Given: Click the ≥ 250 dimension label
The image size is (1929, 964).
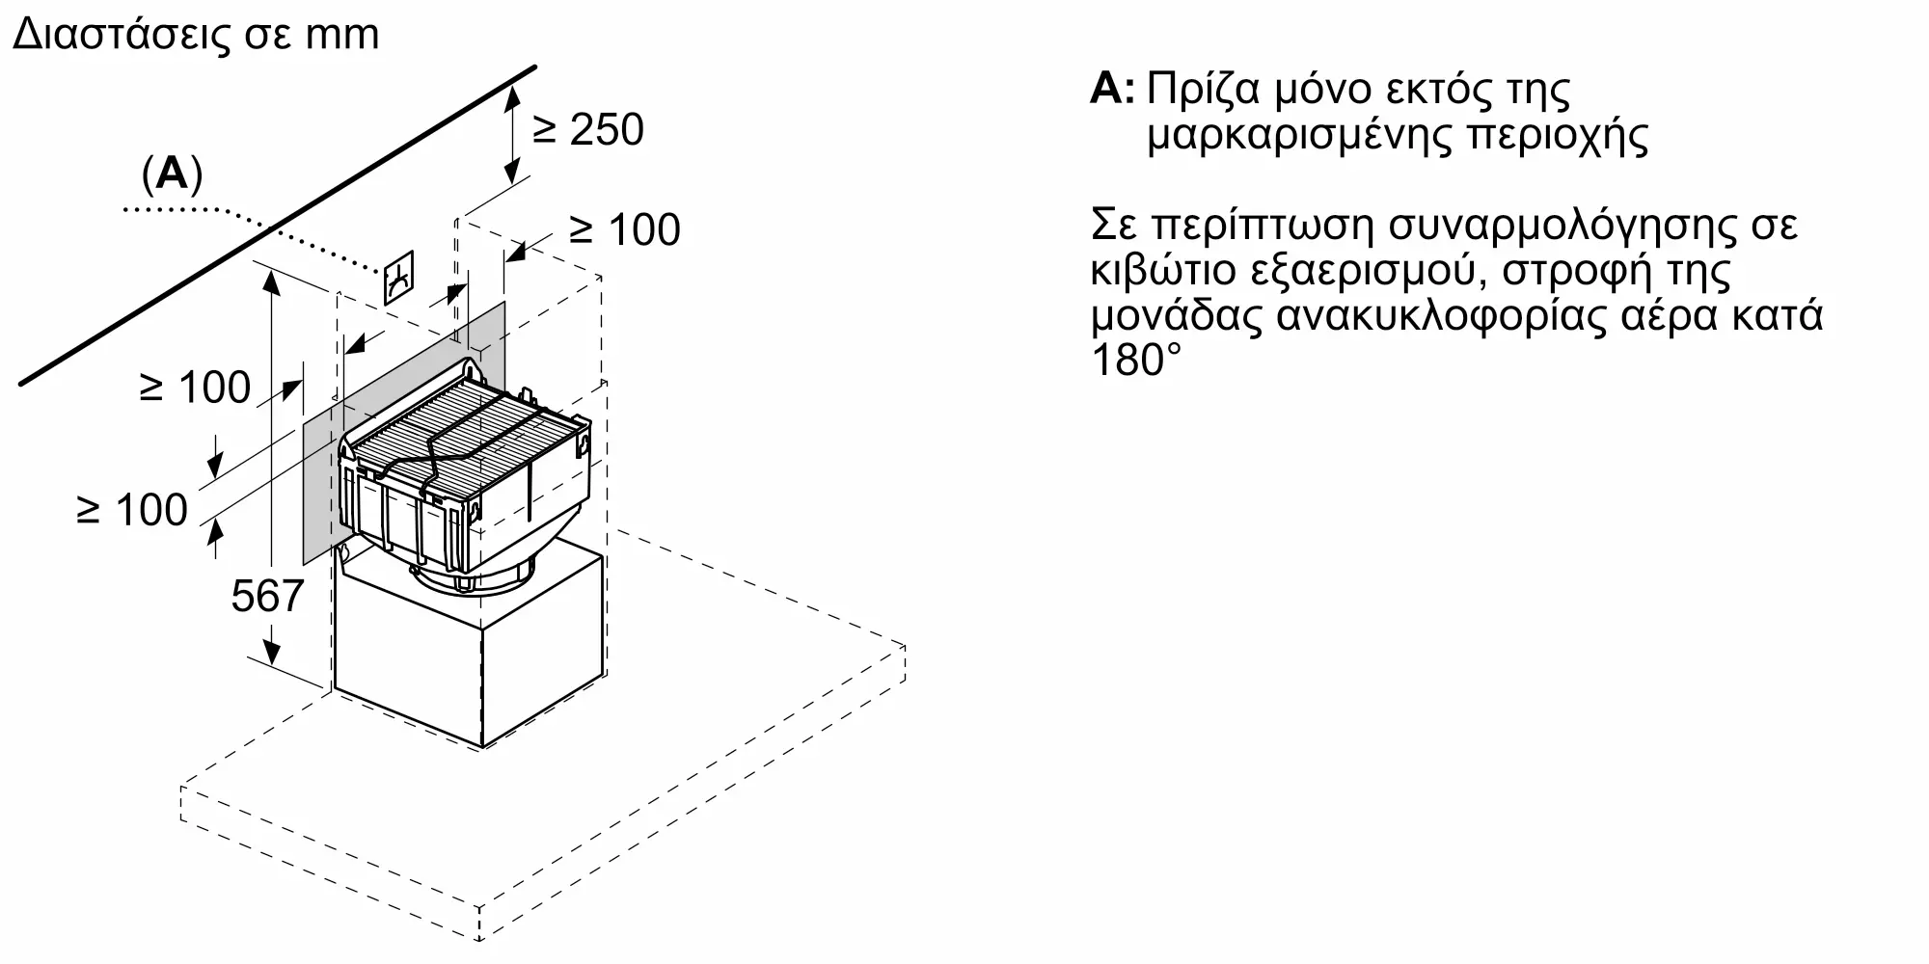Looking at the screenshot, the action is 588,130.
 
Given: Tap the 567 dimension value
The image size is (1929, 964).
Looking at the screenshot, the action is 267,596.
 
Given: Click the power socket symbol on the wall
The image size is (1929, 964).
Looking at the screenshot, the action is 399,278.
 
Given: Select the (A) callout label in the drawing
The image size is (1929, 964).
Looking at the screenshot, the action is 173,174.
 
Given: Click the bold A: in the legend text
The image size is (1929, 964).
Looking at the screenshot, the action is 1113,90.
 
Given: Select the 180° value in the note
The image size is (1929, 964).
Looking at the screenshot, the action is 1136,361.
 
